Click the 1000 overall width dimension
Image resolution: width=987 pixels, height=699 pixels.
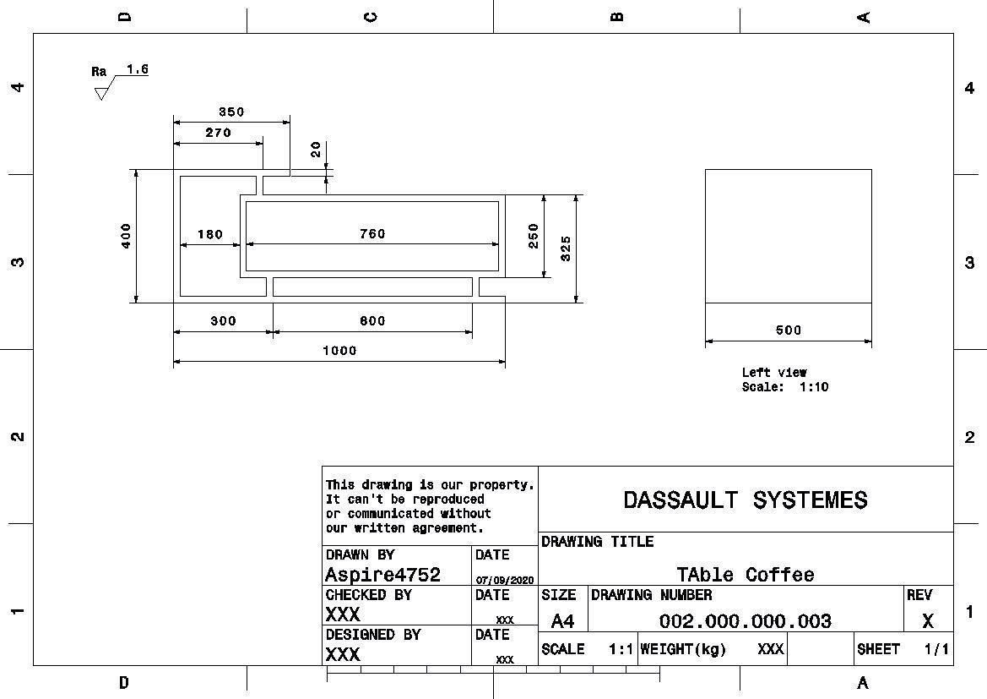coord(340,351)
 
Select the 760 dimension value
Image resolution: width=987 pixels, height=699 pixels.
coord(372,234)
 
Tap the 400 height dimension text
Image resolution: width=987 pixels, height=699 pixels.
coord(126,236)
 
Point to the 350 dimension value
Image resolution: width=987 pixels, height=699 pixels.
coord(231,112)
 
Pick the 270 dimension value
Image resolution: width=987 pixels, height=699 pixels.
coord(219,133)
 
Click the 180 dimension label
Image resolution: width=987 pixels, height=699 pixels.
coord(210,234)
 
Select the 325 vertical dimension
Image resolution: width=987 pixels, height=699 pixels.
coord(565,248)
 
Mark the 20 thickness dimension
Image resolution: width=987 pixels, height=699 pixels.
coord(316,150)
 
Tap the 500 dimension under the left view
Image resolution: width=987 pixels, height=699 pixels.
coord(788,330)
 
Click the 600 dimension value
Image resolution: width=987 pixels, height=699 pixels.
coord(372,321)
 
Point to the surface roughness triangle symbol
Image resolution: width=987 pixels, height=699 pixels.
coord(100,94)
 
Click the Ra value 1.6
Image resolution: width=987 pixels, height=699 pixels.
coord(138,68)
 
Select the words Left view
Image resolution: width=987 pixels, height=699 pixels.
coord(774,373)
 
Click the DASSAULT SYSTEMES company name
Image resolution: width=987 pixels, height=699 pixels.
coord(746,500)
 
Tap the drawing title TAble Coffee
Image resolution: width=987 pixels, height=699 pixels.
coord(746,574)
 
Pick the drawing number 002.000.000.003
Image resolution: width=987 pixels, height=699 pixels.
coord(746,621)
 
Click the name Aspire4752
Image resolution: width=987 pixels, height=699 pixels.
coord(382,575)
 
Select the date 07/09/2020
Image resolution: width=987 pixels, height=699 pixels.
coord(505,580)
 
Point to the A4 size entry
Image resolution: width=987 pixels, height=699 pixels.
coord(562,621)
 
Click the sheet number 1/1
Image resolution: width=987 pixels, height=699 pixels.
coord(936,648)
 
